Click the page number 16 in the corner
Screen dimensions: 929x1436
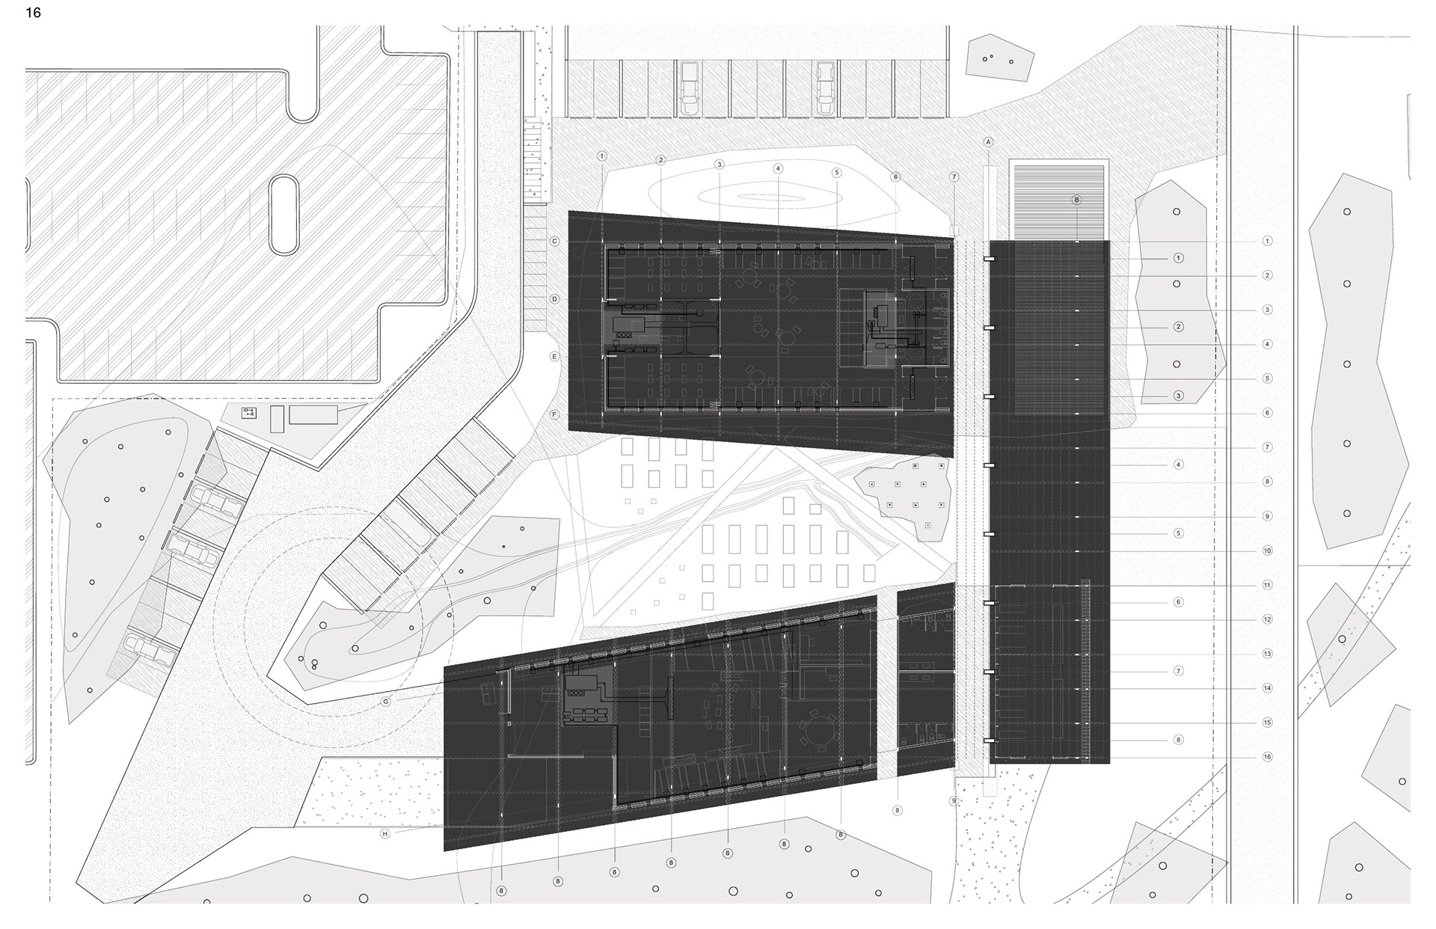point(33,13)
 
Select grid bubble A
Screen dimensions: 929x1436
point(988,142)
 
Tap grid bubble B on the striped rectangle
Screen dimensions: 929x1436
point(1077,200)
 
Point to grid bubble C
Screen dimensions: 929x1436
point(555,241)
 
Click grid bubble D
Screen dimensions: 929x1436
point(555,299)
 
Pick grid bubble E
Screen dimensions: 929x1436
point(555,357)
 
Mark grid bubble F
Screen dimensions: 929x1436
point(555,414)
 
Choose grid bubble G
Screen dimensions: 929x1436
point(386,702)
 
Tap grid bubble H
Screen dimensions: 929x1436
point(386,833)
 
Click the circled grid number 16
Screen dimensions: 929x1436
point(1267,757)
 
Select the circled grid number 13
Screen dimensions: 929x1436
point(1267,654)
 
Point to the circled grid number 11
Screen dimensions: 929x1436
point(1267,585)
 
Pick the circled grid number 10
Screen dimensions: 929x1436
point(1267,551)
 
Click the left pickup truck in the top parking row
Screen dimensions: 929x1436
point(688,88)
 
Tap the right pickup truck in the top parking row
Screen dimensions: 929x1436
point(824,88)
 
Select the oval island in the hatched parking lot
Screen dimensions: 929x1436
point(285,215)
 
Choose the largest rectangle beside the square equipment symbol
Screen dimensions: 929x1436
point(313,414)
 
